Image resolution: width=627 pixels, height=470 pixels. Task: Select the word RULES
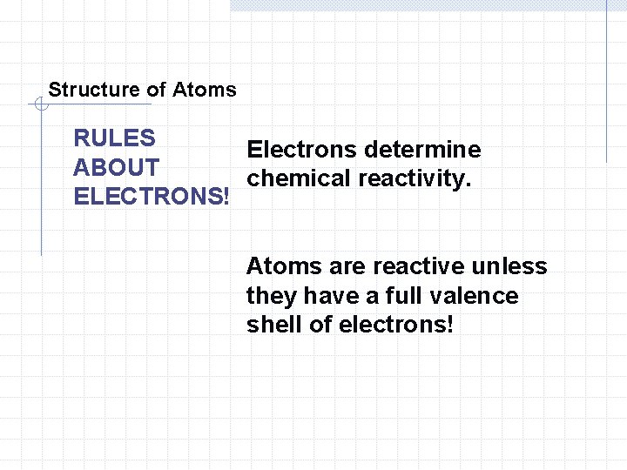(x=115, y=138)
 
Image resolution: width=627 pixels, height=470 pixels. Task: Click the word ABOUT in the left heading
(x=117, y=167)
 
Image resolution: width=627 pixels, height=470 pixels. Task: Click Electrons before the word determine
(x=302, y=150)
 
